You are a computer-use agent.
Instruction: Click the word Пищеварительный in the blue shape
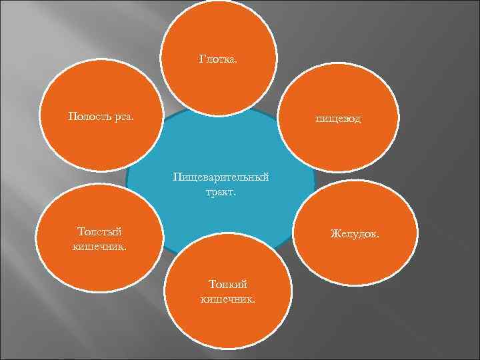[221, 178]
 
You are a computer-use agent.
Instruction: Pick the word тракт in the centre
[221, 193]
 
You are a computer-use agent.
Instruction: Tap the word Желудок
[355, 235]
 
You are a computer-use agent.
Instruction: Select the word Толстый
[99, 231]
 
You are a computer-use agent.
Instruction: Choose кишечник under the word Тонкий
[227, 299]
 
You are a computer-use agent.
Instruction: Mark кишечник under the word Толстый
[99, 246]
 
